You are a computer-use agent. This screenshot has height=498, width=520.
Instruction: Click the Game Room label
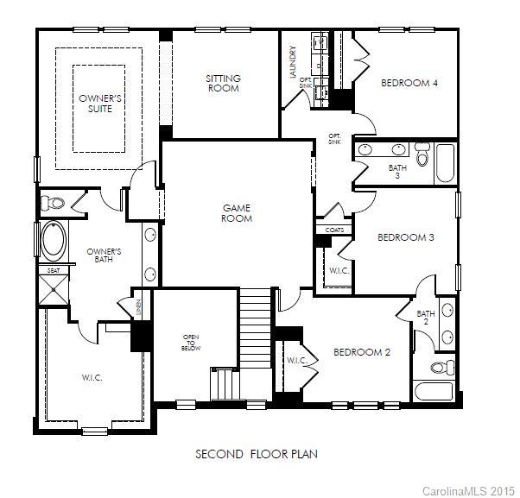[237, 213]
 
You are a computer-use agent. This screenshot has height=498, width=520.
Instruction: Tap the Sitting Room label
[223, 83]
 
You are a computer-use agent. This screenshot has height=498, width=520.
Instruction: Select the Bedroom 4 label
[409, 83]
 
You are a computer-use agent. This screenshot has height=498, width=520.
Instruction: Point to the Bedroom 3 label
[406, 237]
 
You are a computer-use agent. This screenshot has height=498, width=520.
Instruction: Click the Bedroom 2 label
[362, 352]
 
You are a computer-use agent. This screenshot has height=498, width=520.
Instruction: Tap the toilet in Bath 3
[422, 154]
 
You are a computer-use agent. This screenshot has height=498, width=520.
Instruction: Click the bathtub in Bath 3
[445, 163]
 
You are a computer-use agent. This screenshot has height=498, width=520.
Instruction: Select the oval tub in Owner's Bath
[54, 241]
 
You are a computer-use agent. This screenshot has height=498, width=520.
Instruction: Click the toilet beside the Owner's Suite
[52, 203]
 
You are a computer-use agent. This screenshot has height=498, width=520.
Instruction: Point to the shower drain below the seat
[54, 290]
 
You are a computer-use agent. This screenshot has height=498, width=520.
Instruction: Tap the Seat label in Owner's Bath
[54, 271]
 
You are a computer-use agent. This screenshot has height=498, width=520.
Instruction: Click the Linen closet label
[138, 307]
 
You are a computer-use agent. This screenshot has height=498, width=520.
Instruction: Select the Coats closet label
[334, 230]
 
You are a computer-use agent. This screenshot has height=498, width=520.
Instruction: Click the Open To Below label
[191, 343]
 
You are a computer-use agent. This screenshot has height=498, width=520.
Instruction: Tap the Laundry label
[293, 62]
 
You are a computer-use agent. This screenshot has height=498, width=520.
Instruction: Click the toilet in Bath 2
[443, 367]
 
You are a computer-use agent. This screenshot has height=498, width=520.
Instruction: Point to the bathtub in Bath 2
[433, 391]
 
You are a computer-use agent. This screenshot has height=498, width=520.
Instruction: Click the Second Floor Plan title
[257, 454]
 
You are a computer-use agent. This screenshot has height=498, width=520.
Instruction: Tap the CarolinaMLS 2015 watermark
[468, 491]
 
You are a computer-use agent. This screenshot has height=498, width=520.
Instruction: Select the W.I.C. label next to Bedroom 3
[339, 271]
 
